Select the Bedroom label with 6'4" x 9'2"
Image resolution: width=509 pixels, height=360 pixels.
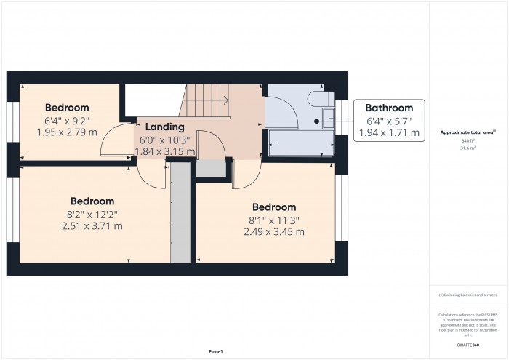pyautogui.click(x=67, y=108)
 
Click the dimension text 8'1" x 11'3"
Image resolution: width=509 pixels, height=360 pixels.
pyautogui.click(x=274, y=220)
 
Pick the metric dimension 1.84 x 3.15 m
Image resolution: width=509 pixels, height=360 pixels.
pyautogui.click(x=165, y=152)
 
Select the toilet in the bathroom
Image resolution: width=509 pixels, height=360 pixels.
pyautogui.click(x=321, y=100)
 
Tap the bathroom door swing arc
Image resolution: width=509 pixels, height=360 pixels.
pyautogui.click(x=282, y=109)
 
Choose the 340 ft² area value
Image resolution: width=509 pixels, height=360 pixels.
pyautogui.click(x=468, y=141)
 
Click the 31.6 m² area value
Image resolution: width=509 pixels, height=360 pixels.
pyautogui.click(x=468, y=148)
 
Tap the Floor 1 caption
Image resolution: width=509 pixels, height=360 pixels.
pyautogui.click(x=216, y=351)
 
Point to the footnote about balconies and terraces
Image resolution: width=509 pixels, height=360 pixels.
pyautogui.click(x=468, y=295)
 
